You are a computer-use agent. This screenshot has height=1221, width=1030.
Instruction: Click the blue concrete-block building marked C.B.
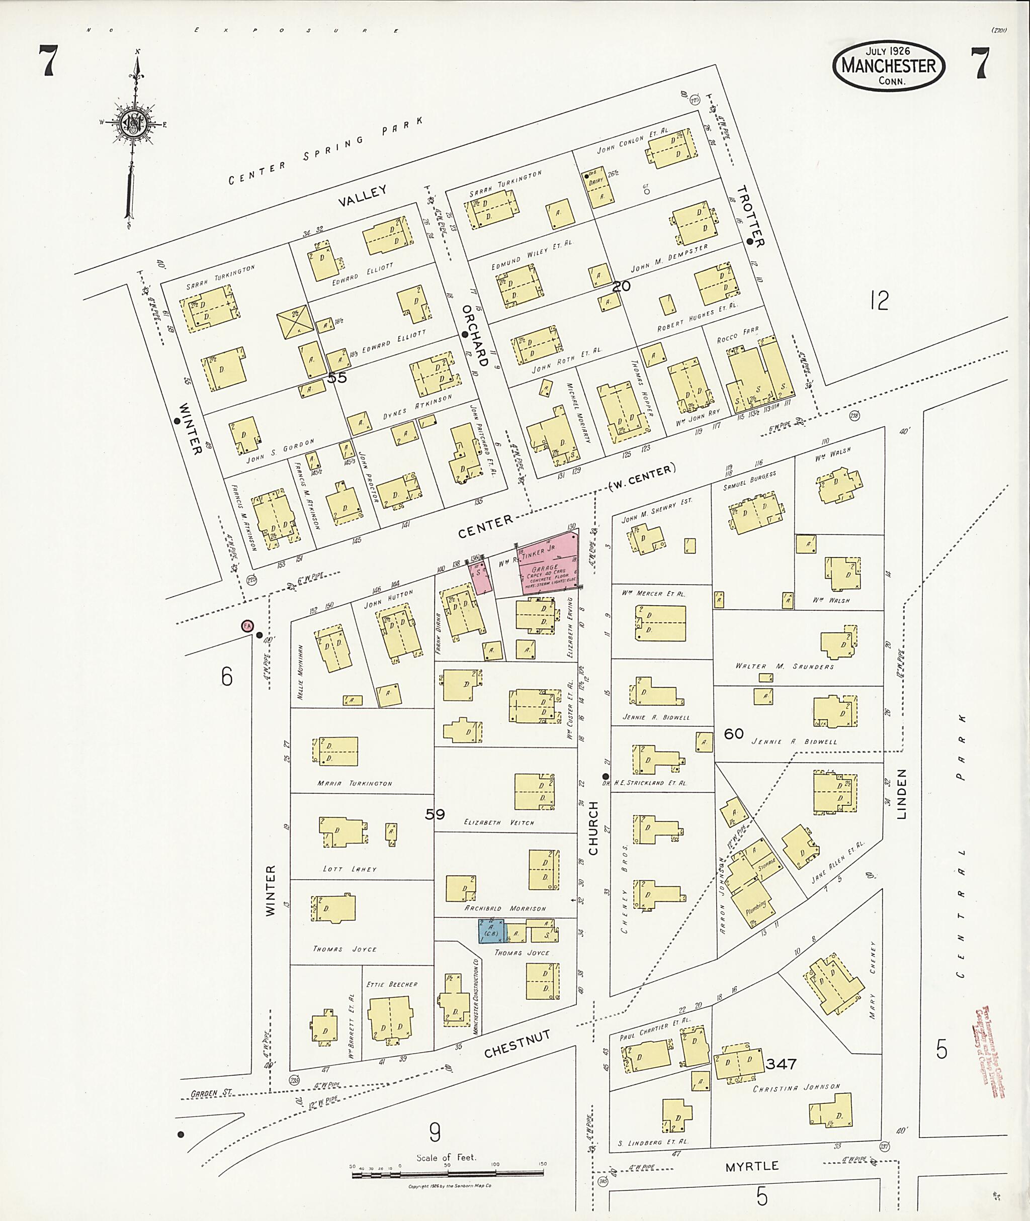pyautogui.click(x=491, y=931)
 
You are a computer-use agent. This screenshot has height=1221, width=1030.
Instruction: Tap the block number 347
pyautogui.click(x=781, y=1064)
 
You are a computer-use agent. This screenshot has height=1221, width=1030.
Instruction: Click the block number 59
pyautogui.click(x=435, y=814)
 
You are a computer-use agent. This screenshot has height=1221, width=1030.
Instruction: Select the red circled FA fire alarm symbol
pyautogui.click(x=247, y=626)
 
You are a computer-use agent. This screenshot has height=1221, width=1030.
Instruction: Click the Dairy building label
pyautogui.click(x=595, y=181)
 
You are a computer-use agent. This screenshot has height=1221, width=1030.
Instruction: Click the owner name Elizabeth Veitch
pyautogui.click(x=499, y=822)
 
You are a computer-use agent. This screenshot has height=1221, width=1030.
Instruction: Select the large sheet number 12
pyautogui.click(x=878, y=301)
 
